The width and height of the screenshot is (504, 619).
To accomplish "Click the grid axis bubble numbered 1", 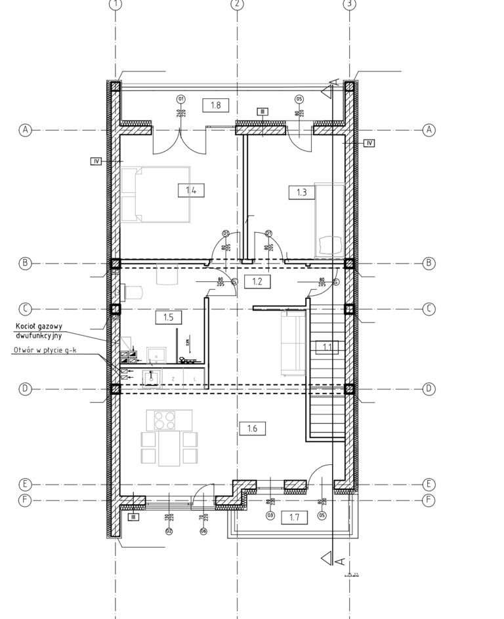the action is [116, 4].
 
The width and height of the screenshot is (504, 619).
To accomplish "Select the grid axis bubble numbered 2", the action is [238, 4].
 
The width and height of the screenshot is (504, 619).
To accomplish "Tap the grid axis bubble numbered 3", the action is [350, 4].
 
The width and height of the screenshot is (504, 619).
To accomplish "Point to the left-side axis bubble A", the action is [25, 130].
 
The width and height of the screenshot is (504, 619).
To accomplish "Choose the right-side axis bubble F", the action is [429, 500].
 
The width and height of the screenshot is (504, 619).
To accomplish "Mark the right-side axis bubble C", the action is [429, 308].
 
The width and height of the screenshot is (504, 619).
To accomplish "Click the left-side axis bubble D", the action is [25, 388].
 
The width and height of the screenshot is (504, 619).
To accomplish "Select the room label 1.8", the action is [215, 104].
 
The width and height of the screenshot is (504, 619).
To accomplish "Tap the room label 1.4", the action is [191, 191].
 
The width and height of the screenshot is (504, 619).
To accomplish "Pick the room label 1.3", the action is [302, 192].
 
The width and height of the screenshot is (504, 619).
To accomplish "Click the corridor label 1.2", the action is [257, 282].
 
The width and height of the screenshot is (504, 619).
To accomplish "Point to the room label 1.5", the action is [168, 317].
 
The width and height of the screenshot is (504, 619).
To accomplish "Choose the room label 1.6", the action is [253, 429].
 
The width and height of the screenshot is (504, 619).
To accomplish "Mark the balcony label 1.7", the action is [294, 517].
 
